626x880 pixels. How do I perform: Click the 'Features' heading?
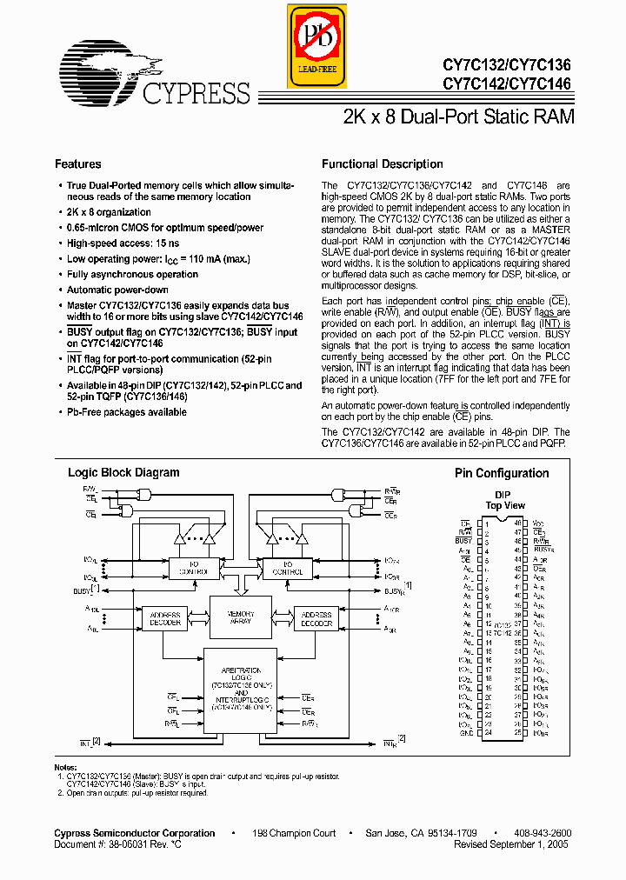pos(78,164)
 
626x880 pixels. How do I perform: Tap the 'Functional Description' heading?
pos(383,164)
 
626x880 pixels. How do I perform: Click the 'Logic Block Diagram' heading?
pos(123,473)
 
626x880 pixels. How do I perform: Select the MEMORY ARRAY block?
pos(240,617)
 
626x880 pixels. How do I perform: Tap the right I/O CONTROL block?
pos(287,569)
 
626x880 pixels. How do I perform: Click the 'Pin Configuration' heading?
pos(502,474)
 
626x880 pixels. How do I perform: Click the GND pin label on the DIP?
pos(468,732)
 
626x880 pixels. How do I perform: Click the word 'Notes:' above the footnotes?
pos(66,767)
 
